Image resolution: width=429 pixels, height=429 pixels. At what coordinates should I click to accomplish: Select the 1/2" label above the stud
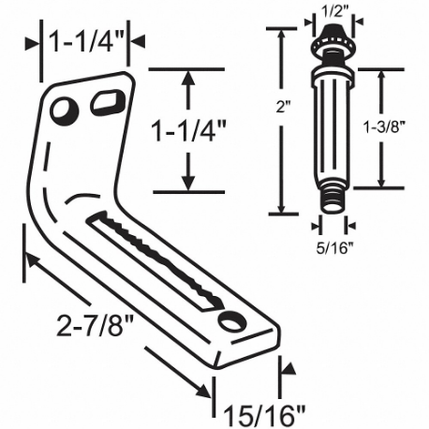(x=329, y=11)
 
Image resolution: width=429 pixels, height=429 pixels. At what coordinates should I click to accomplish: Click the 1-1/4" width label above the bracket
(x=84, y=41)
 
